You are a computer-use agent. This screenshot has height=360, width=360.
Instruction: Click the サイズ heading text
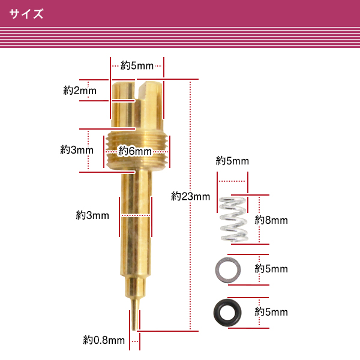26,14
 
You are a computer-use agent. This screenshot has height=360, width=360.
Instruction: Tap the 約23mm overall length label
190,197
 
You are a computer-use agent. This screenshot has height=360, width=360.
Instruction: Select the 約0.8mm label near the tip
104,340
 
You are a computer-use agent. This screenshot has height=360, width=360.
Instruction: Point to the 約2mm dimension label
80,91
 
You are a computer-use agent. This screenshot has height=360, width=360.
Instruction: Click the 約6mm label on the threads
135,151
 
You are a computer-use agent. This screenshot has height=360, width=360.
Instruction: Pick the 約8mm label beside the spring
271,220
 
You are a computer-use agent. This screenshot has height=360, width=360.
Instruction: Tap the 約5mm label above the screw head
137,65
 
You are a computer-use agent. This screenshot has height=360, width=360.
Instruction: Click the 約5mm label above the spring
232,161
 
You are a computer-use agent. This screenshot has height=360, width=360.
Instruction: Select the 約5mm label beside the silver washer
271,269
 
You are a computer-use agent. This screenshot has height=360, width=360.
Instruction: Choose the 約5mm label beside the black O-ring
271,312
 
